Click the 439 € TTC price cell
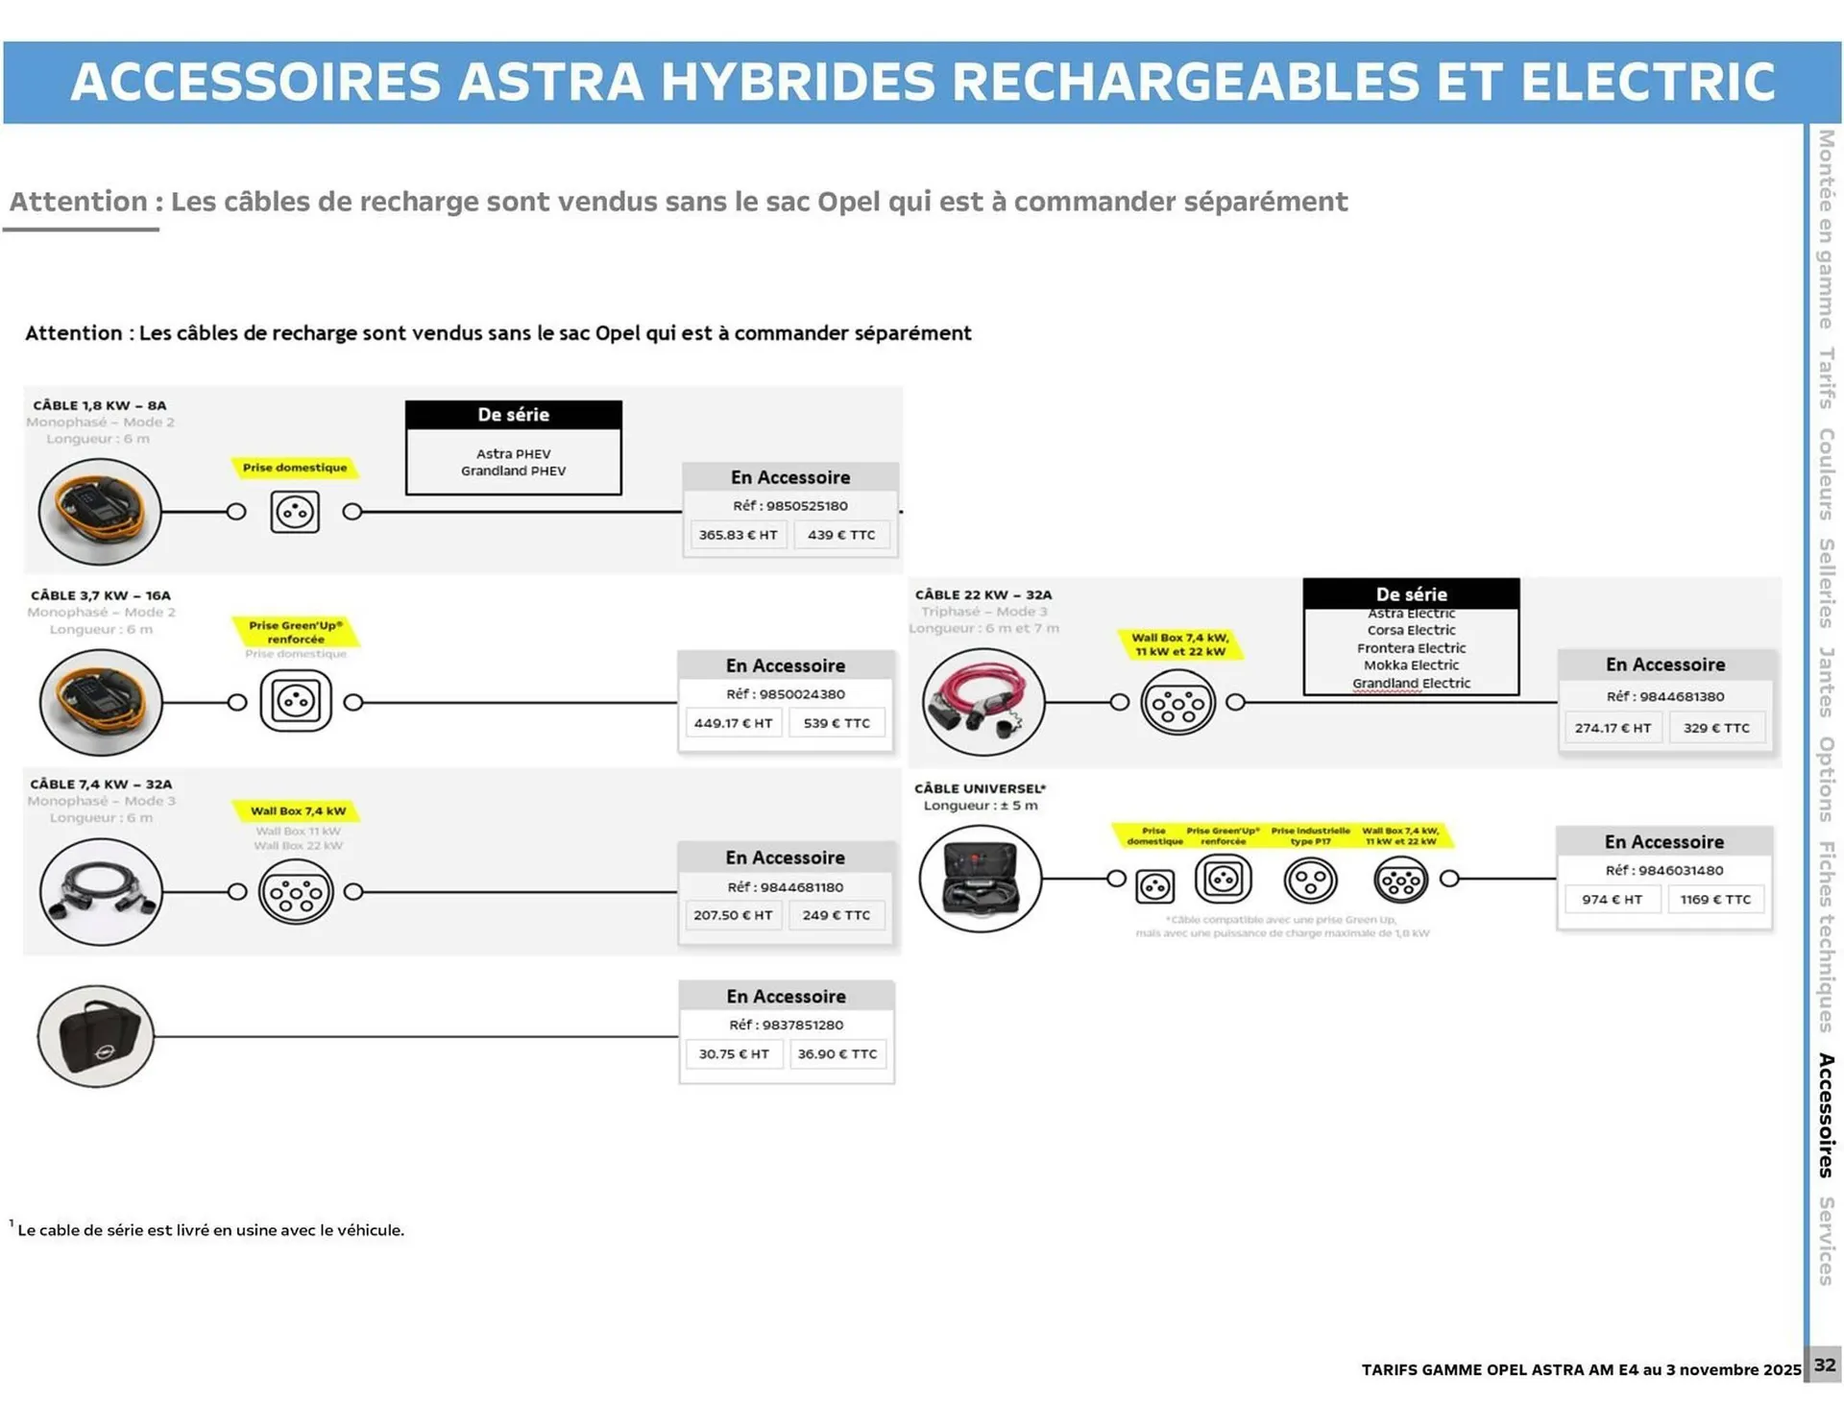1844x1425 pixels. (x=841, y=535)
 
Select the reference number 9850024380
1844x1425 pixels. (x=786, y=694)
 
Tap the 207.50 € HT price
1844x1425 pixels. (x=733, y=915)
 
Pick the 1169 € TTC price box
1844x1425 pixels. (x=1715, y=900)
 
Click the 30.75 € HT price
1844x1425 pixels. (x=734, y=1053)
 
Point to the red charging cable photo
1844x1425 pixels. (x=983, y=702)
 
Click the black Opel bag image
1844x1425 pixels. (x=96, y=1036)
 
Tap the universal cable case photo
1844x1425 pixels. (x=981, y=878)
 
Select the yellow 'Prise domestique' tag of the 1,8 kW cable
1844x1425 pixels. (x=295, y=468)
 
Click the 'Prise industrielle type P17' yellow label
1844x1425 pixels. (x=1310, y=835)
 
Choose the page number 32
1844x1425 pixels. (x=1824, y=1365)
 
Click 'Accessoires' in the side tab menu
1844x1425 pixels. (x=1826, y=1115)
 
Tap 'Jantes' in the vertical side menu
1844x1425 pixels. (x=1826, y=682)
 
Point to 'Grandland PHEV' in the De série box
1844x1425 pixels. (x=513, y=471)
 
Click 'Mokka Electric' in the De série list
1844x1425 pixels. (x=1411, y=664)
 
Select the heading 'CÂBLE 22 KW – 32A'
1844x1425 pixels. (x=983, y=594)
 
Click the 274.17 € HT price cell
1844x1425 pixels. (x=1613, y=728)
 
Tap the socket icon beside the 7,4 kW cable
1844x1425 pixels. (x=296, y=892)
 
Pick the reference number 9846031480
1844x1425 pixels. (x=1664, y=870)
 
